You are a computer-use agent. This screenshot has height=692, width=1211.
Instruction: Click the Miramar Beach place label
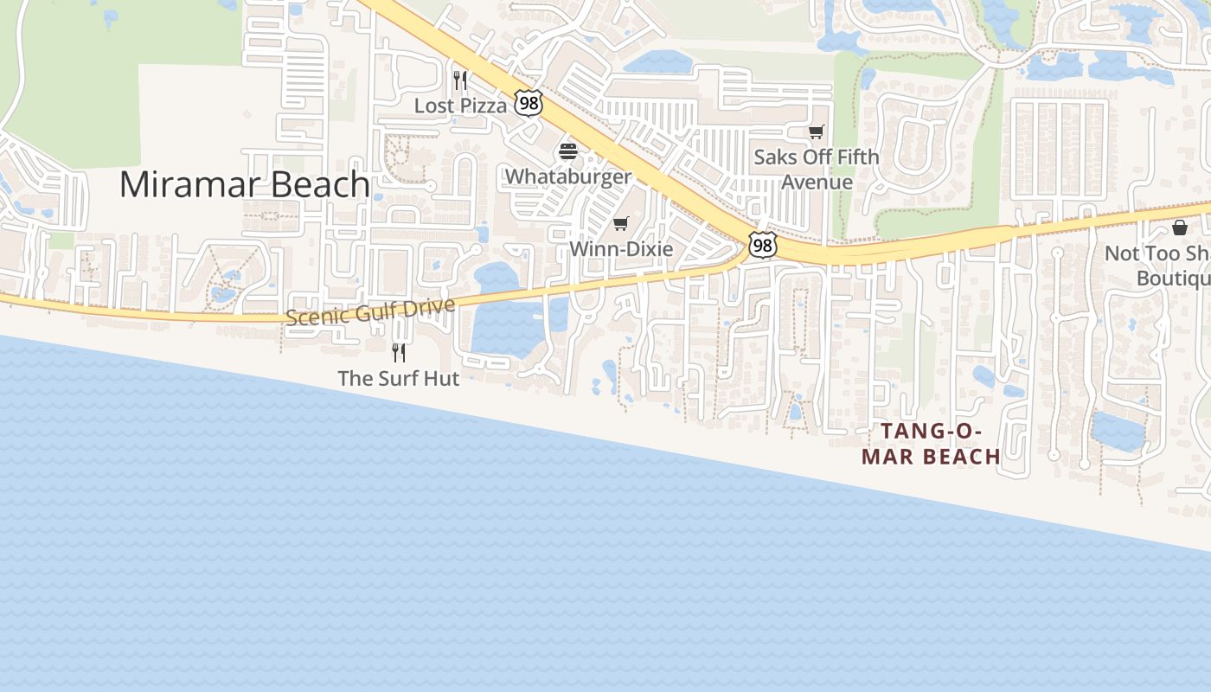pos(245,184)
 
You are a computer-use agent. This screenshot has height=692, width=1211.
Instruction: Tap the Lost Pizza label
pos(460,106)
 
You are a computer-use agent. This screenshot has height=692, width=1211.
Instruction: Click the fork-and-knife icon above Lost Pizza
pos(460,80)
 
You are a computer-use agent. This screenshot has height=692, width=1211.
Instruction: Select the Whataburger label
pos(568,176)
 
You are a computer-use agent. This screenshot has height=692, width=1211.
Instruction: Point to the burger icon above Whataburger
pos(568,151)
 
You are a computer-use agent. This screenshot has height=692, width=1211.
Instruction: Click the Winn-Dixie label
pos(621,249)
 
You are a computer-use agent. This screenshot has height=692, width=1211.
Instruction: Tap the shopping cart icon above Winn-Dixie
pos(620,224)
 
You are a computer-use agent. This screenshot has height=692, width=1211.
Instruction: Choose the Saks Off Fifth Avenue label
pos(817,170)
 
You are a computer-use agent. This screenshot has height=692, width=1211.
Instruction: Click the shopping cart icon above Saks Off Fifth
pos(816,131)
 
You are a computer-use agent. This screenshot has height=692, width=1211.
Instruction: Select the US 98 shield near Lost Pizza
pos(528,104)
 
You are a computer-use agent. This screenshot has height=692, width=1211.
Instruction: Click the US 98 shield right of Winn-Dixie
pos(762,246)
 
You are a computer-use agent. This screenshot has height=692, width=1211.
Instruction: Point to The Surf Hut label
pos(399,378)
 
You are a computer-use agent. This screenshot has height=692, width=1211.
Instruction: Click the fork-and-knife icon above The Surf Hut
pos(399,352)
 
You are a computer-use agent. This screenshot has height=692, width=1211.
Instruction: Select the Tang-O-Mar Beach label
pos(932,443)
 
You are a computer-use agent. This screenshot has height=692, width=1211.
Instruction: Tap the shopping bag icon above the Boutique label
pos(1180,227)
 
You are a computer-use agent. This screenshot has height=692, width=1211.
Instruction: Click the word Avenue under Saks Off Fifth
pos(817,183)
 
